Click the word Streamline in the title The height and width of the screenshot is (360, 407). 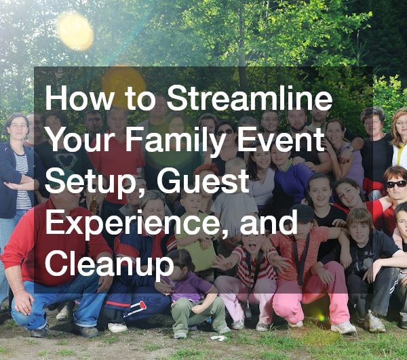pyautogui.click(x=250, y=101)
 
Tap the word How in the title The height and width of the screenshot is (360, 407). pyautogui.click(x=73, y=101)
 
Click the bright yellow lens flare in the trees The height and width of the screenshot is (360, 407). pyautogui.click(x=75, y=31)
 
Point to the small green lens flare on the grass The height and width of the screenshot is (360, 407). pyautogui.click(x=318, y=316)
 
